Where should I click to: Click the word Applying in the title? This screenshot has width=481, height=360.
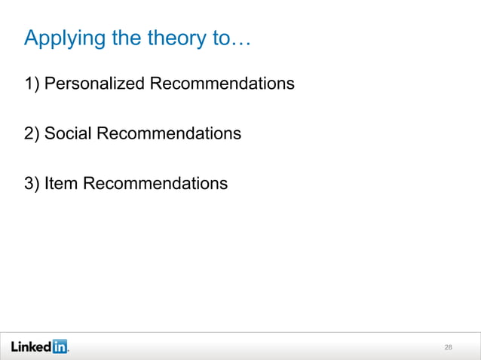[65, 38]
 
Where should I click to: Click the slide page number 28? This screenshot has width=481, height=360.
[449, 347]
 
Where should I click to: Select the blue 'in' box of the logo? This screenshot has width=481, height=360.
[60, 346]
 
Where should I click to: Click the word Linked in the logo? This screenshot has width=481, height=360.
[31, 346]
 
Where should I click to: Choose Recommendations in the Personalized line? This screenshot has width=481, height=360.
[222, 84]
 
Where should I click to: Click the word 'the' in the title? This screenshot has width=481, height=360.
[128, 38]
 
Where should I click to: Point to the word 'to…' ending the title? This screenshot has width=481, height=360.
[234, 38]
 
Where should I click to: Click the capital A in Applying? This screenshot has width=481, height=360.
[31, 37]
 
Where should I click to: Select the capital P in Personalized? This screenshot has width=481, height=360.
[50, 84]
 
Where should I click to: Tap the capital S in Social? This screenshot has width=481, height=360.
[50, 134]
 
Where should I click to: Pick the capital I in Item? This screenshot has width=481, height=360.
[47, 183]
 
